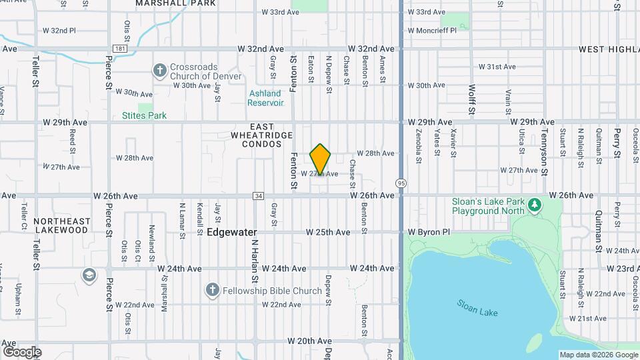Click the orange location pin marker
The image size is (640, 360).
(321, 159)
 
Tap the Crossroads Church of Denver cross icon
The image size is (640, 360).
(159, 69)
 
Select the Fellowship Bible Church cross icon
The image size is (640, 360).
(212, 290)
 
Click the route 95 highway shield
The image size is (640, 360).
(400, 183)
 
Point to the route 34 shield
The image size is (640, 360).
(258, 196)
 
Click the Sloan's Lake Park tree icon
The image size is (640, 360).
(533, 203)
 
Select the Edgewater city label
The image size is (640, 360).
(231, 233)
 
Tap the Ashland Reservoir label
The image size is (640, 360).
(265, 98)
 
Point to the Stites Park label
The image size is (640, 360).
(144, 115)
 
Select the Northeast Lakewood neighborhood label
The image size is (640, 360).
(61, 225)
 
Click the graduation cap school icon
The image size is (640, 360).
(89, 275)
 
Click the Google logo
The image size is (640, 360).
(22, 351)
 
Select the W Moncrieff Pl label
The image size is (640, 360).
(431, 31)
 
